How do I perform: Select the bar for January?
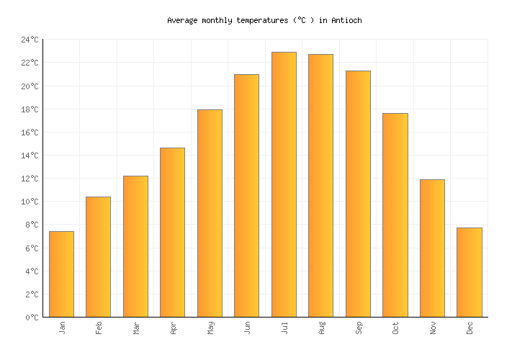61,274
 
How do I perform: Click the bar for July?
284,184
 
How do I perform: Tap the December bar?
469,272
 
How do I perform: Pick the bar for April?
172,233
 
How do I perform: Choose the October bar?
395,215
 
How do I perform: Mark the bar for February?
98,257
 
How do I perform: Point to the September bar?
358,194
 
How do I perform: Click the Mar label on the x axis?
136,328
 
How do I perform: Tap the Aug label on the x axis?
321,328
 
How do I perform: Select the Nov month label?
433,328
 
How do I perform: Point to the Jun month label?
247,328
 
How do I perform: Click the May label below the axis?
210,328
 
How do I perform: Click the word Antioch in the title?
346,21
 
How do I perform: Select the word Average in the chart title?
182,21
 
